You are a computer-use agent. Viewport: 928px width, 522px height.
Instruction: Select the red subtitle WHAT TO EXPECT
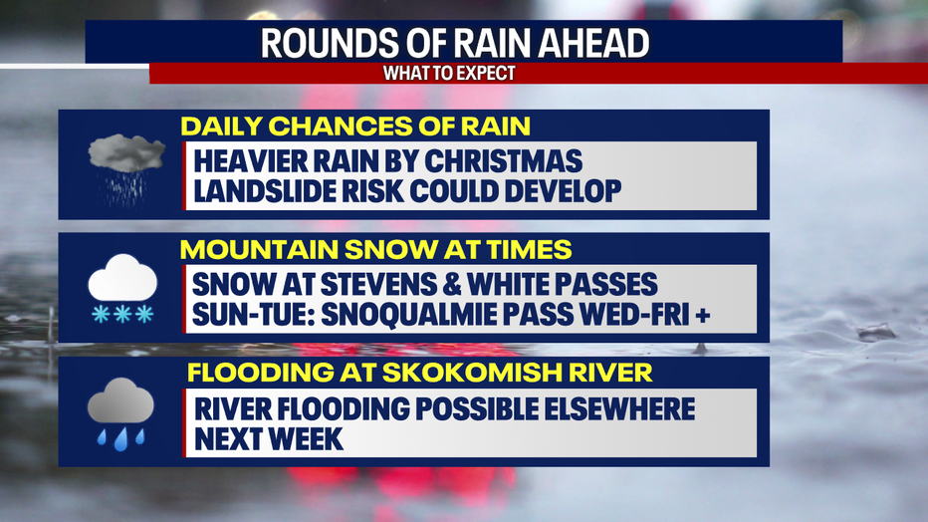point(449,74)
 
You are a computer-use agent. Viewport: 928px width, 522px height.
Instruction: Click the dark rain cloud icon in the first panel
point(125,163)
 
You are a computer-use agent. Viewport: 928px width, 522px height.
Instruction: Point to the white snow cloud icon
point(122,288)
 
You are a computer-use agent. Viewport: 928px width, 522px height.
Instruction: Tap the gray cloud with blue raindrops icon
point(120,413)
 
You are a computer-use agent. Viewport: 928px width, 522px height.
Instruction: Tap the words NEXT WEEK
point(269,439)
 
